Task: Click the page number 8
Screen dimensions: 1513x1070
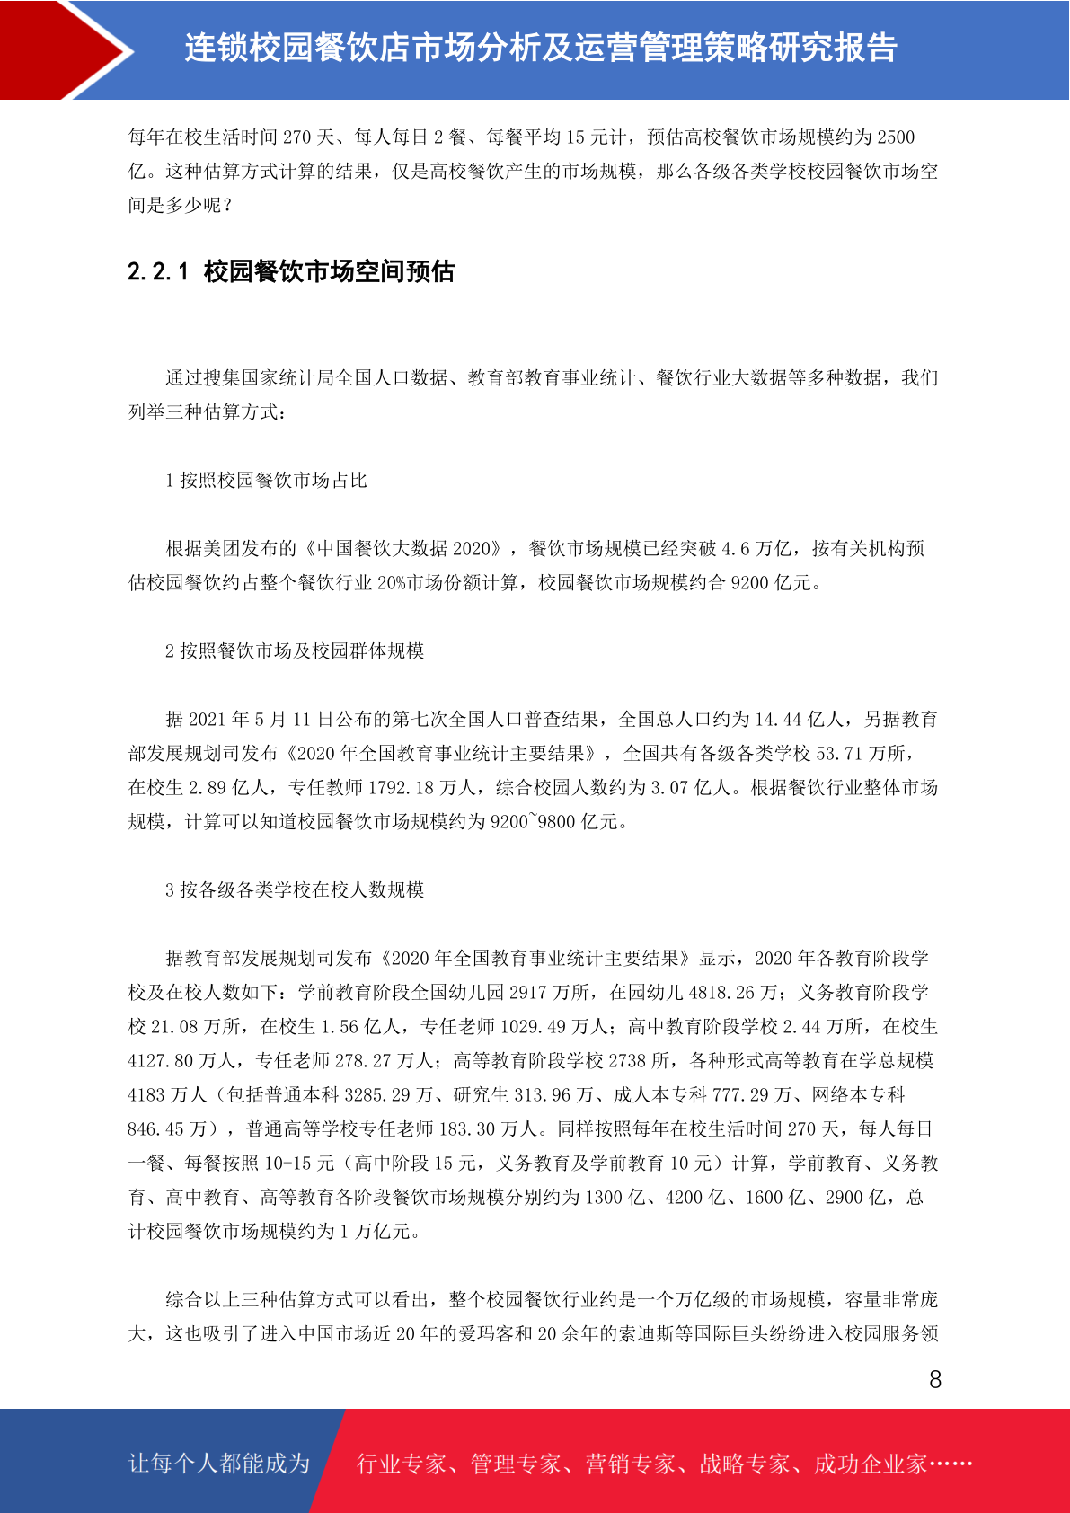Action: pos(935,1380)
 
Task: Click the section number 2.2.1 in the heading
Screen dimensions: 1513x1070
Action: pos(158,271)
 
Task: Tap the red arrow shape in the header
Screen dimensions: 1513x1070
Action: pos(67,49)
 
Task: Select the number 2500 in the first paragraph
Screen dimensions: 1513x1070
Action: pos(896,137)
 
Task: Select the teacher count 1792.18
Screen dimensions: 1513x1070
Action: pos(402,788)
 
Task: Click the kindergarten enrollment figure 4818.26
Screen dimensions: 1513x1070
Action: pos(723,993)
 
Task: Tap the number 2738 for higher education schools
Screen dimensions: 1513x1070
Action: pos(627,1061)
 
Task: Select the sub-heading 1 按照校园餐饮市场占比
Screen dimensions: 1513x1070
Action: pos(266,481)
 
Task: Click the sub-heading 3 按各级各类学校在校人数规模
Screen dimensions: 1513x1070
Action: pos(295,890)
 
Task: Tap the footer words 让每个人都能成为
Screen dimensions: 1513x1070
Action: pos(219,1464)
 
